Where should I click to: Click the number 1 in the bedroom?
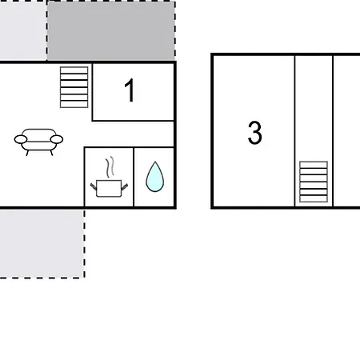pyautogui.click(x=130, y=91)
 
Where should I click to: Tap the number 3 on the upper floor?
pyautogui.click(x=254, y=133)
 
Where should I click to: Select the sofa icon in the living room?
pyautogui.click(x=38, y=140)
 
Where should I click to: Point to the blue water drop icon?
pyautogui.click(x=154, y=177)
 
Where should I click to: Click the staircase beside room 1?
pyautogui.click(x=74, y=86)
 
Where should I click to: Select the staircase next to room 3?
pyautogui.click(x=314, y=182)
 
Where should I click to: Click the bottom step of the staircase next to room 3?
pyautogui.click(x=314, y=199)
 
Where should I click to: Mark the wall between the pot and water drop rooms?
pyautogui.click(x=134, y=178)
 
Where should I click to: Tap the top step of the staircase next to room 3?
pyautogui.click(x=314, y=165)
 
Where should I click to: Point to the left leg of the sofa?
pyautogui.click(x=28, y=151)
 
